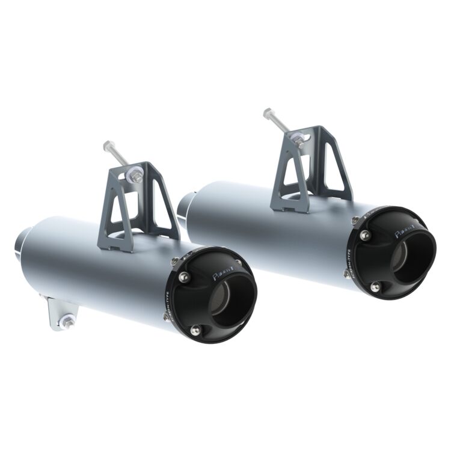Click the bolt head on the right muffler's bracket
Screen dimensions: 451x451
268,112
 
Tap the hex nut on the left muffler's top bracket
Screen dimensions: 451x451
137,177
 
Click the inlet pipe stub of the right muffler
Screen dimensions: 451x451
182,207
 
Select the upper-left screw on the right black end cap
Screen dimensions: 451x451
365,235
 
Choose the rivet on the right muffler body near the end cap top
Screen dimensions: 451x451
355,220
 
